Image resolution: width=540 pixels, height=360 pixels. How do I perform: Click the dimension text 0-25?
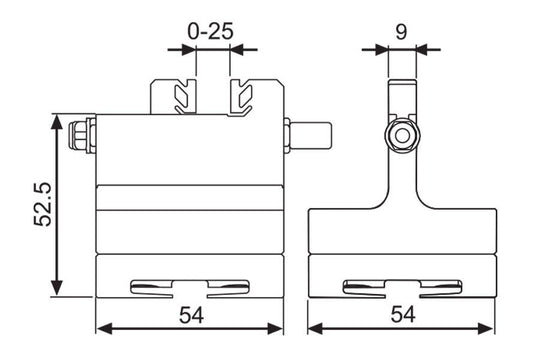point(211,31)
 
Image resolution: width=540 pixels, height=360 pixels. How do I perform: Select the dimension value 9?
point(400,31)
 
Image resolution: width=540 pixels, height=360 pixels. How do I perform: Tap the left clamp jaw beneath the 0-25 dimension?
point(183,97)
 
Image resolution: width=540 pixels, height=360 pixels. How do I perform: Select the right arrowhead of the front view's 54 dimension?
point(282,327)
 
